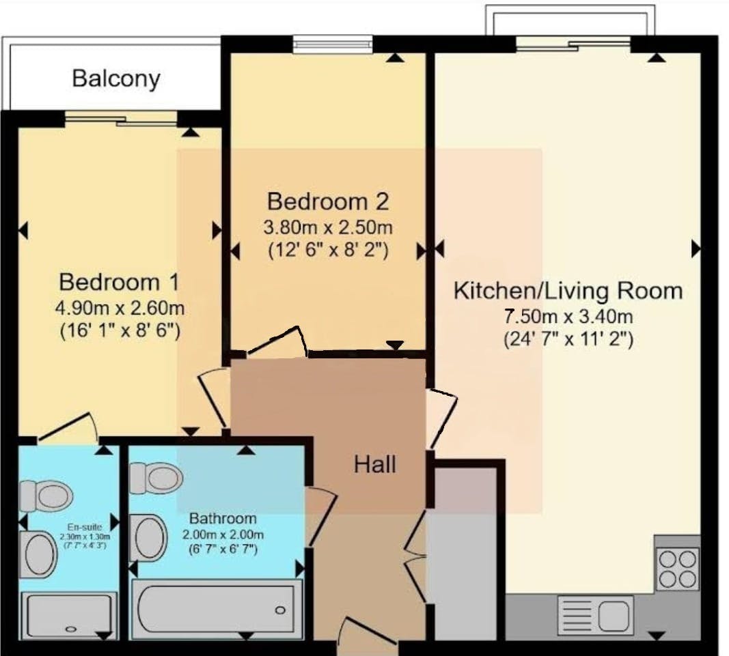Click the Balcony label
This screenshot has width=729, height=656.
pyautogui.click(x=116, y=79)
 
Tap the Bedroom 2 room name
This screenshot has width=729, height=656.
pyautogui.click(x=328, y=201)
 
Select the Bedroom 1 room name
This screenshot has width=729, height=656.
pyautogui.click(x=119, y=283)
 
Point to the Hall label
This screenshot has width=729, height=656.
pyautogui.click(x=374, y=465)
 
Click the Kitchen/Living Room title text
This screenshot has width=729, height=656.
pyautogui.click(x=568, y=291)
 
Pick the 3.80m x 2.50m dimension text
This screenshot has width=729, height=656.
pyautogui.click(x=328, y=227)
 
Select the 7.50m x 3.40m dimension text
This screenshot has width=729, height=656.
pyautogui.click(x=568, y=317)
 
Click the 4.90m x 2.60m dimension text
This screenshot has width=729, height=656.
pyautogui.click(x=120, y=308)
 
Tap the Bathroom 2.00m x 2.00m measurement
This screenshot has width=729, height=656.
pyautogui.click(x=223, y=534)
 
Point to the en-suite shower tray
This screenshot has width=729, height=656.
pyautogui.click(x=69, y=616)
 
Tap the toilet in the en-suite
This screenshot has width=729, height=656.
pyautogui.click(x=46, y=496)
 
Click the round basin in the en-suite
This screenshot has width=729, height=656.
pyautogui.click(x=38, y=555)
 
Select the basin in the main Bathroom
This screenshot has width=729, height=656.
pyautogui.click(x=148, y=537)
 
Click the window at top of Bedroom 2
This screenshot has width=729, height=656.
pyautogui.click(x=333, y=44)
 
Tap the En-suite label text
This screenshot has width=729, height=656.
pyautogui.click(x=85, y=527)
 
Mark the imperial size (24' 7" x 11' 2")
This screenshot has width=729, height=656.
pyautogui.click(x=568, y=339)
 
